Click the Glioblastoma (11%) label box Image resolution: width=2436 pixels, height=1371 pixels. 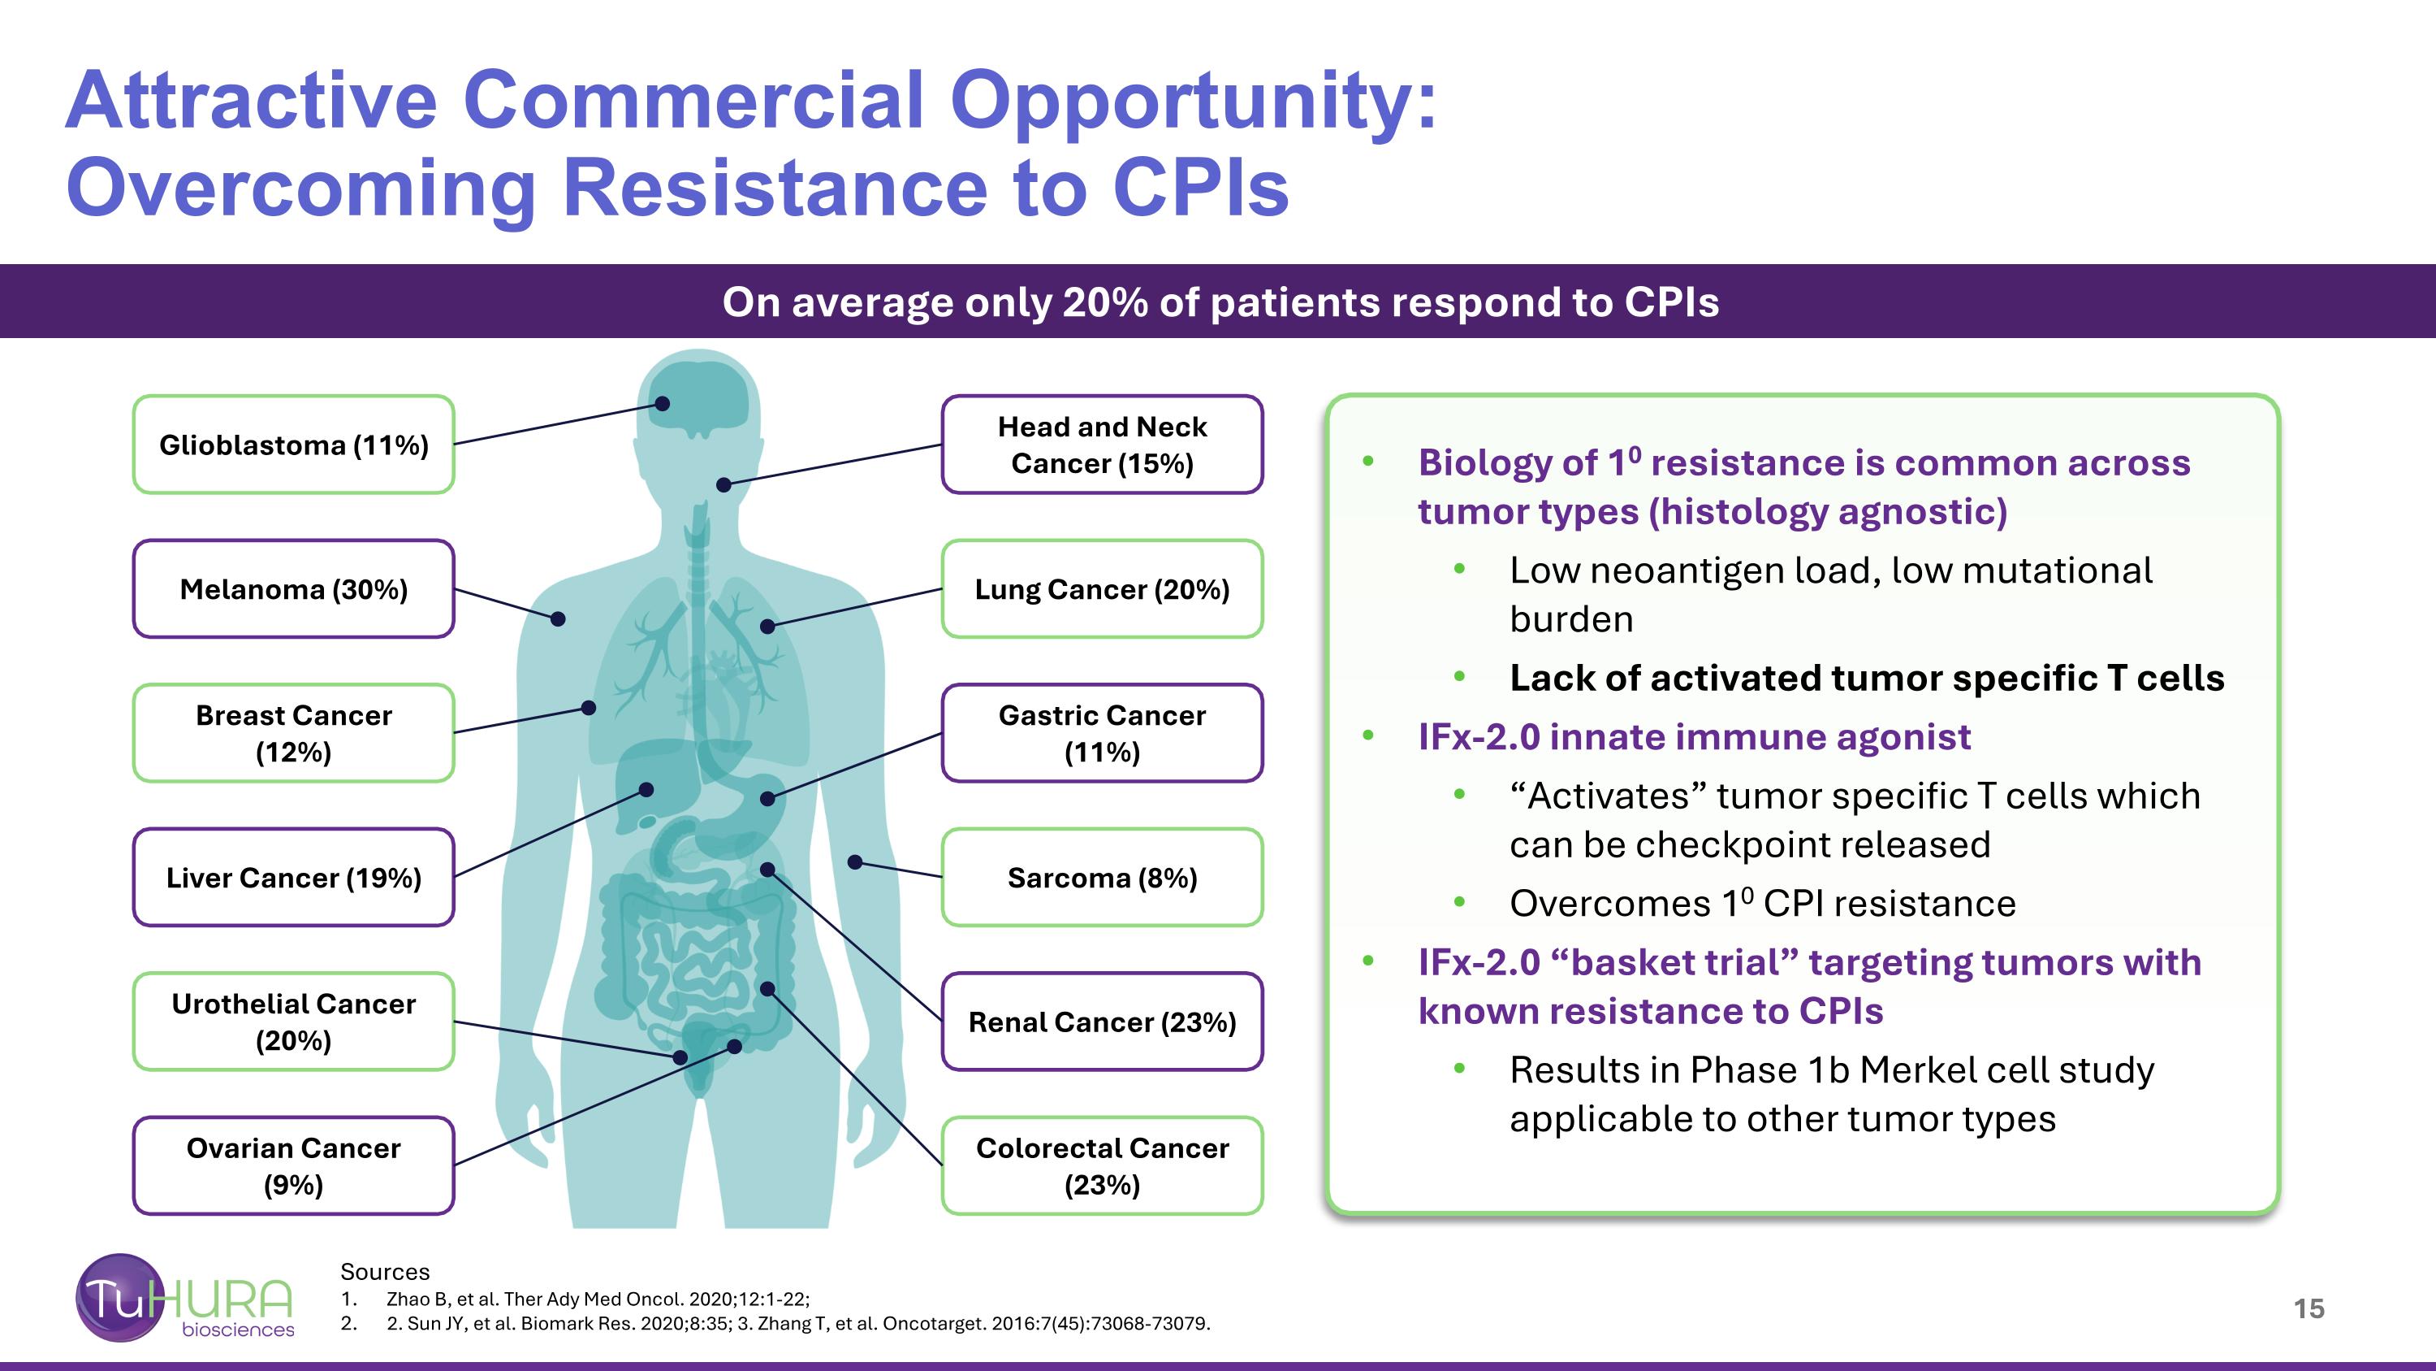293,445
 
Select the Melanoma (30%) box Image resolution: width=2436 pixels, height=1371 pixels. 293,589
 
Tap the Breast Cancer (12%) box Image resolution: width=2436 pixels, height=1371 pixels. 293,733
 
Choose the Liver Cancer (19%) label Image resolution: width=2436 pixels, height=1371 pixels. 293,878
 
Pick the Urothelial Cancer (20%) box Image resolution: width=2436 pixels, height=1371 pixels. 293,1022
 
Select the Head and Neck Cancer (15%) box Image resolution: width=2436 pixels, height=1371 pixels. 1102,445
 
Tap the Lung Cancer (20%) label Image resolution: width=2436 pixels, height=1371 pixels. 1102,589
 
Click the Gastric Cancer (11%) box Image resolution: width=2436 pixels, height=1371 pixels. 1102,733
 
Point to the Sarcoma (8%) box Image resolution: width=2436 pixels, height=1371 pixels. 1102,878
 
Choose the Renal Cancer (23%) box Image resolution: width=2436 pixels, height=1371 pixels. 1102,1022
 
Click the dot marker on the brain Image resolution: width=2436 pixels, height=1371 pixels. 663,404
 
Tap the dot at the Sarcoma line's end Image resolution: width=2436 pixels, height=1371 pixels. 855,862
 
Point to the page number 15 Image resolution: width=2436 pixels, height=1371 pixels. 2309,1308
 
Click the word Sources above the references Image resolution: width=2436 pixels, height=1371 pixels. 385,1272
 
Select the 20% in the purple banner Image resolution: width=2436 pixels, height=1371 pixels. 1104,303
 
